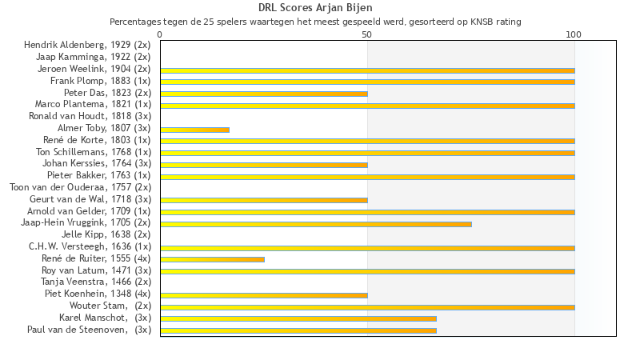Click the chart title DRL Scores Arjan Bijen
click(315, 8)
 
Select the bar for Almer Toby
click(194, 130)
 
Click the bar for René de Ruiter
click(212, 259)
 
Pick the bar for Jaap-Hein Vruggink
click(316, 224)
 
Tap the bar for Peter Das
click(264, 94)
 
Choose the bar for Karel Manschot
click(298, 318)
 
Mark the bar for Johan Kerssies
click(264, 165)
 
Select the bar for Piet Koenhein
click(264, 295)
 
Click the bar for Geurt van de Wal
click(264, 200)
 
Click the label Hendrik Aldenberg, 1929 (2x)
click(87, 45)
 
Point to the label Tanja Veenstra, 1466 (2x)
click(96, 282)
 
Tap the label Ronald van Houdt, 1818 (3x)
click(90, 116)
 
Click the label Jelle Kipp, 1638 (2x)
click(106, 234)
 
